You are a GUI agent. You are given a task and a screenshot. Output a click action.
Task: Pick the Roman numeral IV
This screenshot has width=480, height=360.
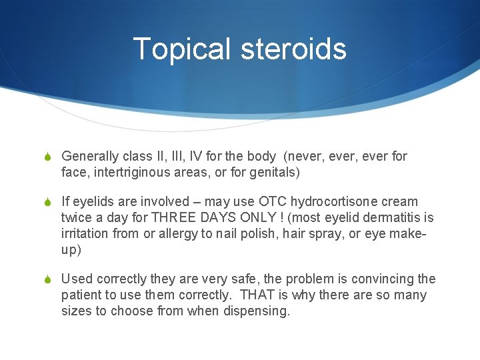[195, 157]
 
